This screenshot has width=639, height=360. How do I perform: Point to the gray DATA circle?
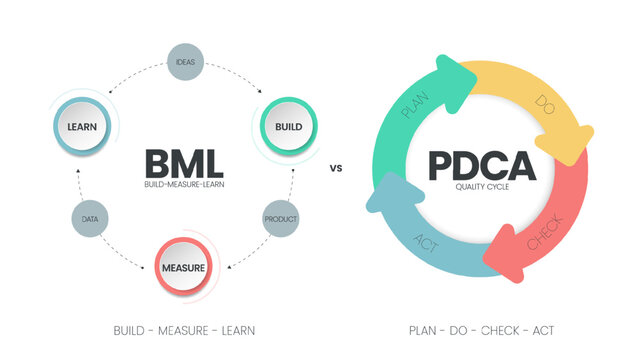point(87,217)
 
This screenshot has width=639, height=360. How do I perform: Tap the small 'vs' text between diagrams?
point(336,168)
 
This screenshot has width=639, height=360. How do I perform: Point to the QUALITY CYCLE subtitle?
point(481,187)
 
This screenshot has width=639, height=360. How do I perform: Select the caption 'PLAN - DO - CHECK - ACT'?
point(481,330)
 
